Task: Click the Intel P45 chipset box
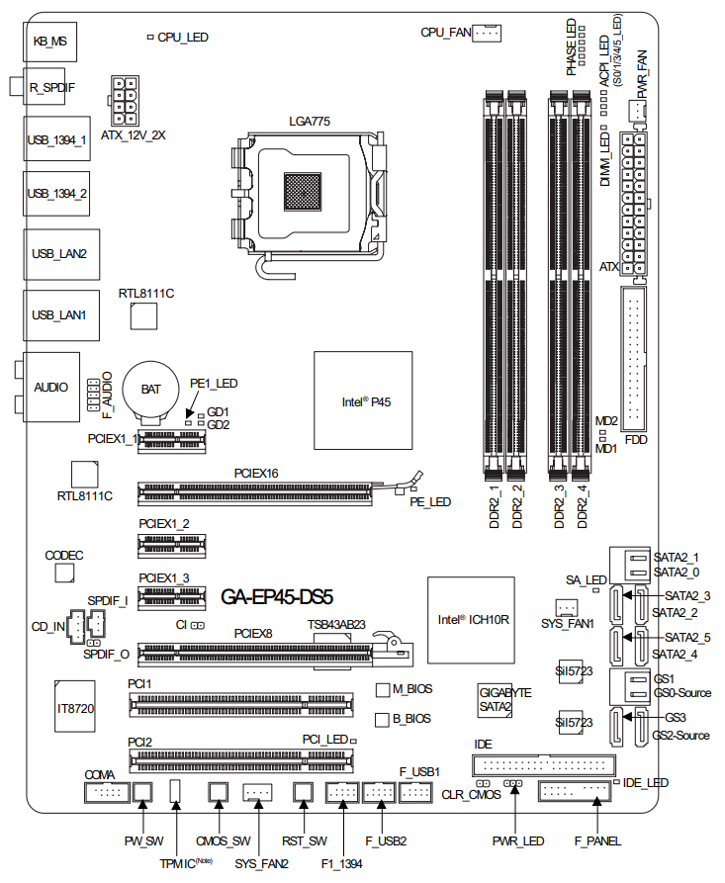click(363, 400)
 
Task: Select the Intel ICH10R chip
click(471, 619)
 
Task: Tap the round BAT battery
click(150, 390)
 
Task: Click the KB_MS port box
click(49, 42)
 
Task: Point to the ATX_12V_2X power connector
click(125, 100)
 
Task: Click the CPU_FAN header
click(487, 34)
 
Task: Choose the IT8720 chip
click(74, 706)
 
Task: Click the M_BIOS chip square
click(383, 690)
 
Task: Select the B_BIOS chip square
click(383, 720)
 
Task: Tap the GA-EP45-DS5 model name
click(277, 597)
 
